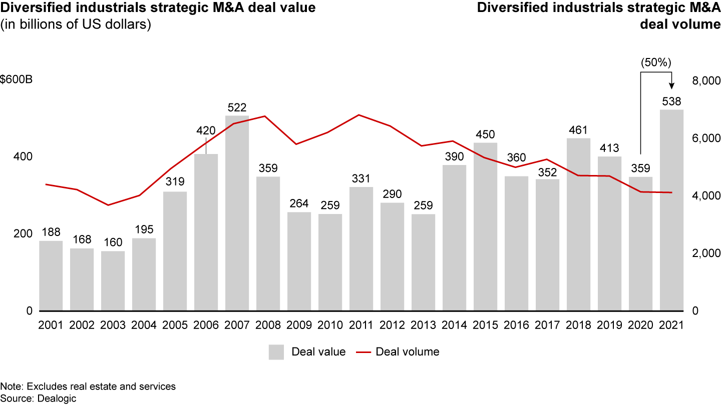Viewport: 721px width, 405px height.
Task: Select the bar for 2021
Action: (x=672, y=210)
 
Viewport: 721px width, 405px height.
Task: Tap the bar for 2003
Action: (x=113, y=280)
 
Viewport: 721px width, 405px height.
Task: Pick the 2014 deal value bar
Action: (x=455, y=237)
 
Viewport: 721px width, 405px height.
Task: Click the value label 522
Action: (x=237, y=107)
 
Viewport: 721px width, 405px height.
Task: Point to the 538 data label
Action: (x=672, y=101)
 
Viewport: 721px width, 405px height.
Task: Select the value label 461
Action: (x=579, y=130)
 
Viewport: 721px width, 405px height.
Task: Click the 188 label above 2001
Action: (x=51, y=232)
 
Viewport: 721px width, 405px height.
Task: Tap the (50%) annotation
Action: (x=656, y=63)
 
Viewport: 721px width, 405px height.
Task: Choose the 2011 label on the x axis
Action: (x=362, y=325)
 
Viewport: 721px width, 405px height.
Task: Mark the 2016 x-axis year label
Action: (x=517, y=325)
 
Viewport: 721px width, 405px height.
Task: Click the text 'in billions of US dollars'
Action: (x=76, y=24)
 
